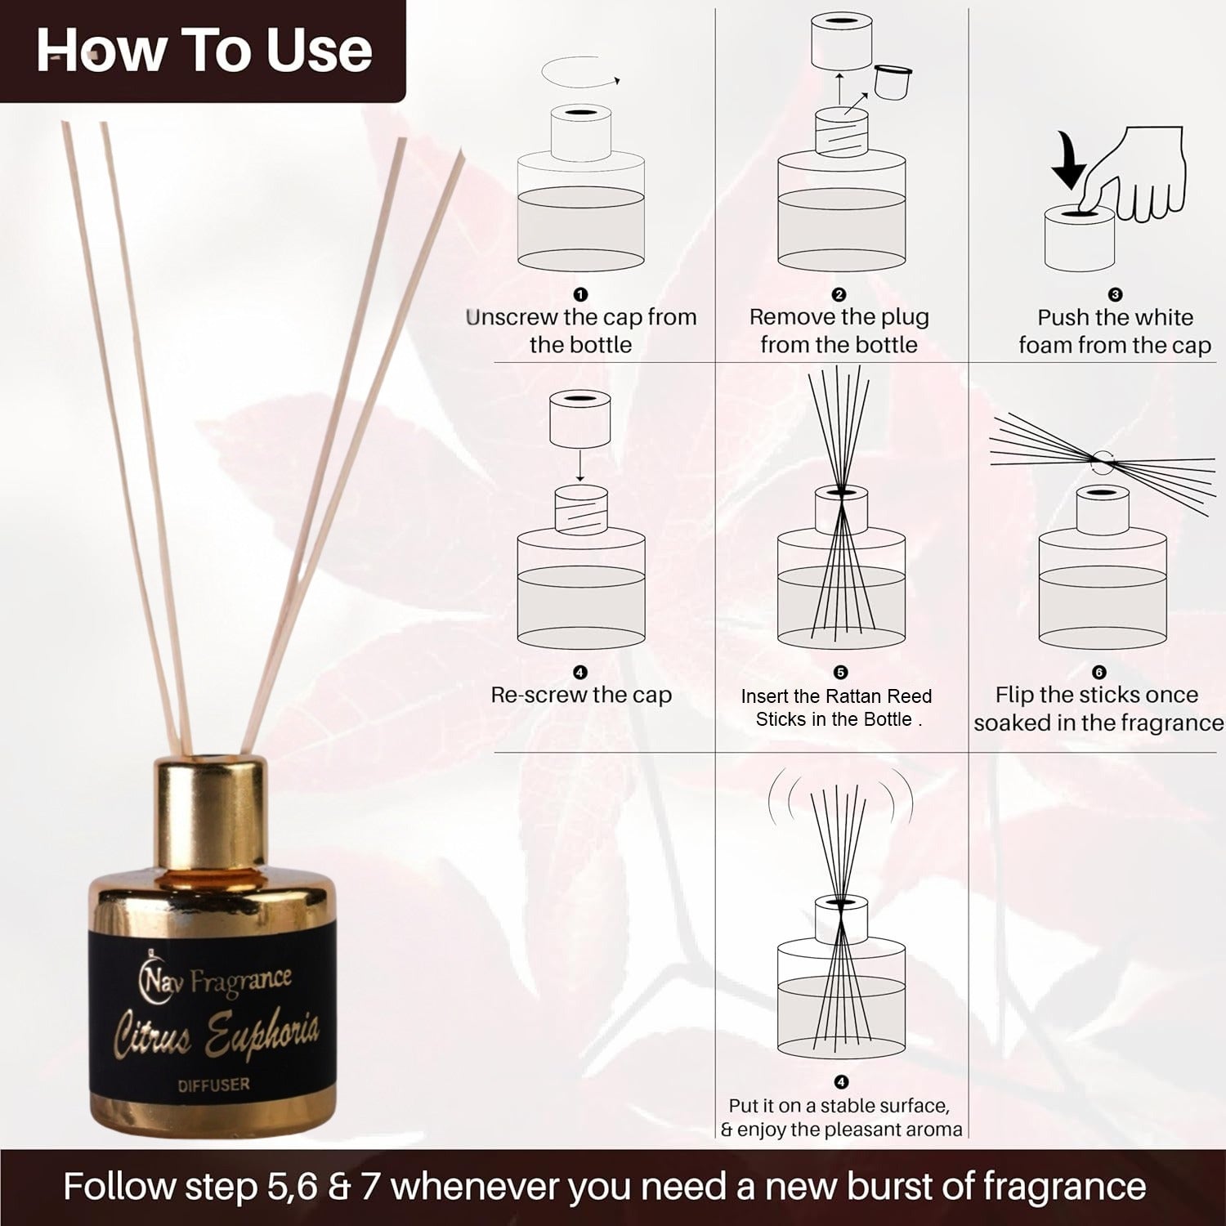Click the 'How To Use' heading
point(204,51)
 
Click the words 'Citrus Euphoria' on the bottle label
point(216,1031)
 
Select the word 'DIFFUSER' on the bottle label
point(214,1085)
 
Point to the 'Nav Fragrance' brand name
point(216,978)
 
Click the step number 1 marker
point(580,294)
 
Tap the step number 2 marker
point(839,294)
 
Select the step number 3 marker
point(1115,294)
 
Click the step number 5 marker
point(840,672)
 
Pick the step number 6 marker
point(1098,672)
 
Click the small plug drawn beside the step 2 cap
point(892,81)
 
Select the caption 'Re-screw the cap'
point(581,695)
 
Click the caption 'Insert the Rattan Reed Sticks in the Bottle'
point(836,708)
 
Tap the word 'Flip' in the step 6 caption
point(1012,696)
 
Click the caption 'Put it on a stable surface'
point(839,1106)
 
